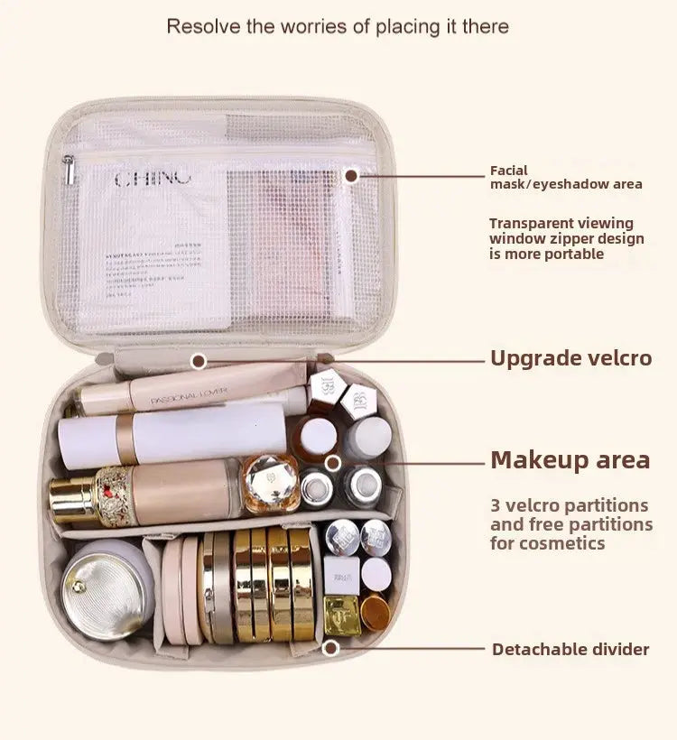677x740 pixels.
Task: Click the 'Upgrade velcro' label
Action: pos(570,358)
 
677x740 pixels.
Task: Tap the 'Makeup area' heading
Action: pos(570,460)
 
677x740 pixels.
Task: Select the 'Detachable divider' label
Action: pos(570,649)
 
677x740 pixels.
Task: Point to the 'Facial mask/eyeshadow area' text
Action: pos(566,177)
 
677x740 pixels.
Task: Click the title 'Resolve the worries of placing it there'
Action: pos(338,26)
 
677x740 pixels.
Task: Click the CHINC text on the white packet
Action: pos(153,178)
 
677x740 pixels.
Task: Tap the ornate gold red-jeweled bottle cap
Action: pos(115,495)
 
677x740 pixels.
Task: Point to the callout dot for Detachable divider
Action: pos(331,648)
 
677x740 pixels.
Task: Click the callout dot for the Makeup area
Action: pos(333,463)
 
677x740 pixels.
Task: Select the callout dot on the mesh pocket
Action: pos(351,177)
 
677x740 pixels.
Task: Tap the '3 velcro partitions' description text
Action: pos(570,523)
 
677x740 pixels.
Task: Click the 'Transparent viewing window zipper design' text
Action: pos(567,238)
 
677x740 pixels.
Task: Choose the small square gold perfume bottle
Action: pos(342,615)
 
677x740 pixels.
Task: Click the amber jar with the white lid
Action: pos(316,437)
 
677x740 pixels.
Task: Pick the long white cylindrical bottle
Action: pos(172,435)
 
